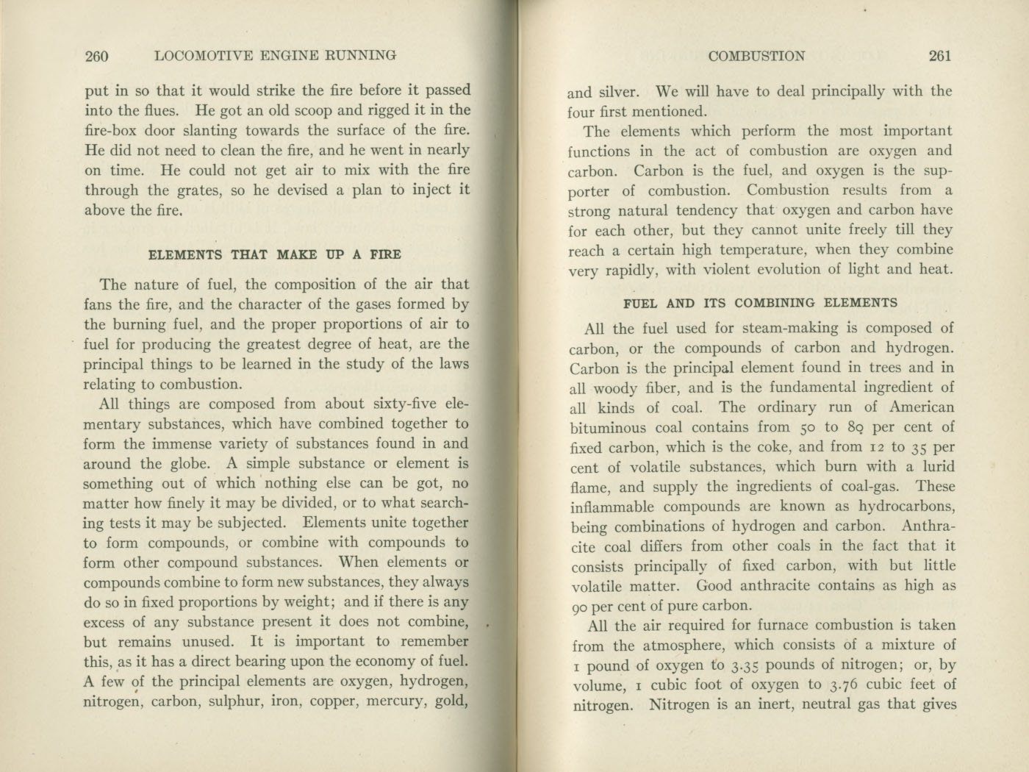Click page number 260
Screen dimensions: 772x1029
[x=96, y=55]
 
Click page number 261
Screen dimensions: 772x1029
[x=940, y=55]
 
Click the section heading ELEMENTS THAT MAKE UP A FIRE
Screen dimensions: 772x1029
[x=275, y=255]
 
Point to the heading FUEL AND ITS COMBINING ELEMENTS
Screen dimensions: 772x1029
[x=760, y=303]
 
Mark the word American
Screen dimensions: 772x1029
[x=921, y=407]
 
